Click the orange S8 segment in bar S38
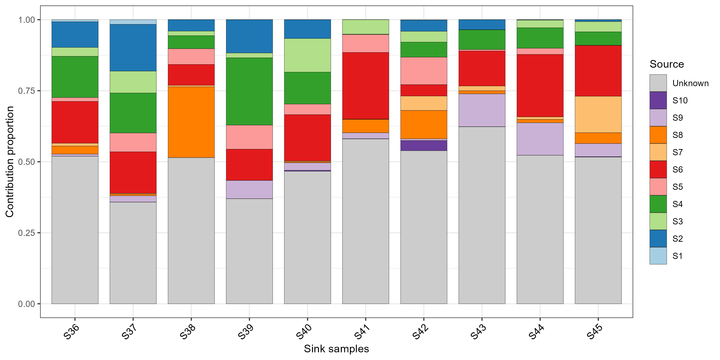click(x=191, y=122)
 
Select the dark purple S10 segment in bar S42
click(x=424, y=146)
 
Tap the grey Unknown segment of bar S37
click(x=133, y=253)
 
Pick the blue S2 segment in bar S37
click(x=133, y=48)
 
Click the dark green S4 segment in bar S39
click(x=249, y=91)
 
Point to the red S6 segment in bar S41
click(x=366, y=86)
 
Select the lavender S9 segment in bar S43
click(x=482, y=110)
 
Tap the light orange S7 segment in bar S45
click(x=598, y=114)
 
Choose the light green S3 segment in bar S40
click(x=307, y=55)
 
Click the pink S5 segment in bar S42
click(x=424, y=71)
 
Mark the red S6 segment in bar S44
click(x=540, y=85)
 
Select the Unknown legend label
click(x=690, y=83)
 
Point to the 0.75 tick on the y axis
click(x=39, y=91)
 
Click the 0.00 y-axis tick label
click(x=27, y=304)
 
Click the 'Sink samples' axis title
click(x=336, y=349)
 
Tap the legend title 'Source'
click(x=667, y=64)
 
